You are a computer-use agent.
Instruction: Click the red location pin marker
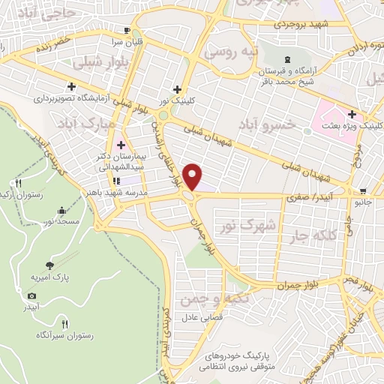coord(193,177)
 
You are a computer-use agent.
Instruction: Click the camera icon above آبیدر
coord(31,295)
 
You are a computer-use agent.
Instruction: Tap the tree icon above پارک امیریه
coord(49,265)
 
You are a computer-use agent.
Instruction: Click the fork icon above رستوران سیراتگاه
coord(64,324)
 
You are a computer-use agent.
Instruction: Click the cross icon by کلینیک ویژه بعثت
coord(352,113)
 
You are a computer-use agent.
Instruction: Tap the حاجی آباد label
coord(30,12)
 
